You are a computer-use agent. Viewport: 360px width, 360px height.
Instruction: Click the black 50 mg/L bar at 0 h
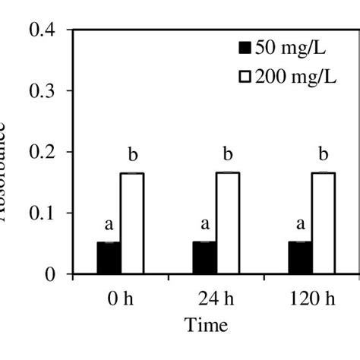point(109,258)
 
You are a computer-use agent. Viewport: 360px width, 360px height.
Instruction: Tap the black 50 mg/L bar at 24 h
point(204,258)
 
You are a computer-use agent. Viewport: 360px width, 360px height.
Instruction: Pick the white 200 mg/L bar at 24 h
point(228,223)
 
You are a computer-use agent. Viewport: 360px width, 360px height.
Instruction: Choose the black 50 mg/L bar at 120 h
point(300,258)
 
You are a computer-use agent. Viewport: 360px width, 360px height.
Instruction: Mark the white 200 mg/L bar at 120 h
point(324,223)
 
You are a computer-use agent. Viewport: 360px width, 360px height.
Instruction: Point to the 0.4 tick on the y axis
point(43,30)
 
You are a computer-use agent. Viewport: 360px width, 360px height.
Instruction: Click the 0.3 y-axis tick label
point(43,91)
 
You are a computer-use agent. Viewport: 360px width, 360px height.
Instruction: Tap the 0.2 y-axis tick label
point(43,152)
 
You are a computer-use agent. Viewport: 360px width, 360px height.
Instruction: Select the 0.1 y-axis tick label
point(43,213)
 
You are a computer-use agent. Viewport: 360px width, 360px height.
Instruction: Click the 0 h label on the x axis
point(120,297)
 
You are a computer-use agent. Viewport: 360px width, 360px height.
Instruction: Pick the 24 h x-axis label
point(216,297)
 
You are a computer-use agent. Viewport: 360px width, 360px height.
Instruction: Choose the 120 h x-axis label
point(311,297)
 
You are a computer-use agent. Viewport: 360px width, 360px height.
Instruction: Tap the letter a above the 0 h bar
point(109,225)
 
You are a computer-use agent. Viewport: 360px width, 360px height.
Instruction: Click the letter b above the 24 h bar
point(227,156)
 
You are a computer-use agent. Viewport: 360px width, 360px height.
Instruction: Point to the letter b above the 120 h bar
point(323,156)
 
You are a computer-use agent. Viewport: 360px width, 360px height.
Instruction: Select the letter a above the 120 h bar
point(300,225)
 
